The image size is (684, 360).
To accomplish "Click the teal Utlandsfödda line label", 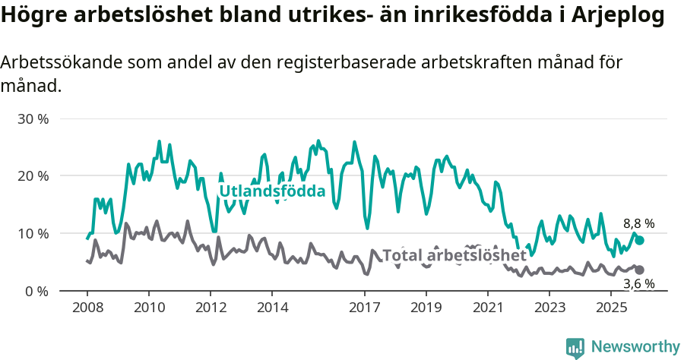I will pos(272,191).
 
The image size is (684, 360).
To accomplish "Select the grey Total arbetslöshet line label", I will pos(454,255).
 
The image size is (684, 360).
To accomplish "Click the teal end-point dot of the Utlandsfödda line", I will pos(640,240).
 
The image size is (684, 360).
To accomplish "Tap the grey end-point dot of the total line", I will pos(640,270).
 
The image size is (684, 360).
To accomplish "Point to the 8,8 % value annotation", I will pos(638,224).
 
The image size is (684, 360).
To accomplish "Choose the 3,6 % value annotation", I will pos(638,284).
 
